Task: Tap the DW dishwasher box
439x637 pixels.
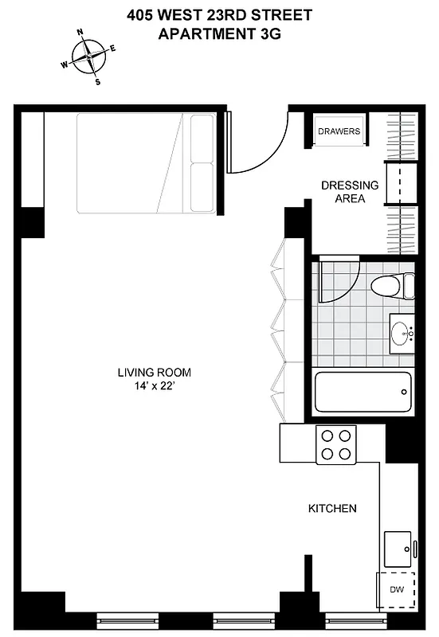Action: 396,590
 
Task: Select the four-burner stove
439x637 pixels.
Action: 335,445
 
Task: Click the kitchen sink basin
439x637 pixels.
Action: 398,547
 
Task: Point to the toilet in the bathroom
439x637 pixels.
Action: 394,285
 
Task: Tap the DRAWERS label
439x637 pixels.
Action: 339,131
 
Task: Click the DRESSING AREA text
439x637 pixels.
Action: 350,192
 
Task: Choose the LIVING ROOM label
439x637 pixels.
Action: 154,372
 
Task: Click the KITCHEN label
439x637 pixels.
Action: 332,508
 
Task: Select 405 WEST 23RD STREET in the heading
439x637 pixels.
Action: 219,14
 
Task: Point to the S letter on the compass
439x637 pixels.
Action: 98,81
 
